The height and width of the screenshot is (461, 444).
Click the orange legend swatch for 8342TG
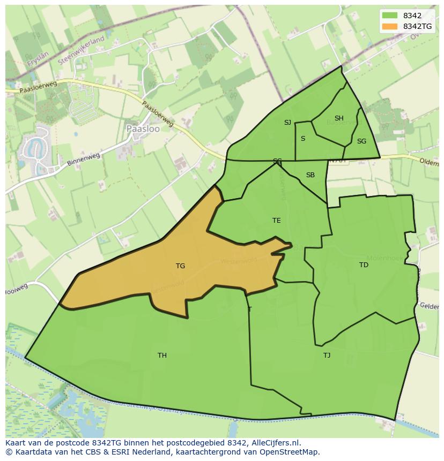point(390,26)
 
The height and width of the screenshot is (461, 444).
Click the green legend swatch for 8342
point(390,16)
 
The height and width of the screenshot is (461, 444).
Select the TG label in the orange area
point(180,266)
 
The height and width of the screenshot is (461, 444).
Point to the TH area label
point(162,356)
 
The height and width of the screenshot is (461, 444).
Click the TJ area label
point(327,356)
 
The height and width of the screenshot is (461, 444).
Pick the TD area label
point(364,265)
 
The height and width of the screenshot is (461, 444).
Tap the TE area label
point(276,221)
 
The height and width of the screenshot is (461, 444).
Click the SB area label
point(310,175)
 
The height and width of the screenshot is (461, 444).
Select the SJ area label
point(287,123)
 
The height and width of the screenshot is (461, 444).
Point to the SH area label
point(339,118)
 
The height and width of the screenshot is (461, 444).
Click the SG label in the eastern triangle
point(361,141)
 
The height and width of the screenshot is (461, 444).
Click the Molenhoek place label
point(394,256)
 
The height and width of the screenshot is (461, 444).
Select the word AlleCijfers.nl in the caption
point(275,443)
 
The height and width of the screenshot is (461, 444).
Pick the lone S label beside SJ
point(303,139)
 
